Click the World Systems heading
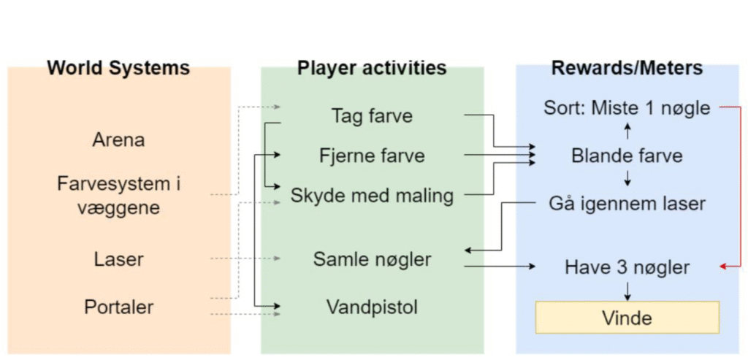click(118, 69)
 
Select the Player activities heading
click(372, 69)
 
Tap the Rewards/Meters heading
click(627, 69)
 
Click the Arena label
click(118, 139)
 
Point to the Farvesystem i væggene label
click(118, 195)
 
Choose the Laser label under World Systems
click(118, 258)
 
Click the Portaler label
click(118, 306)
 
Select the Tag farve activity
click(372, 115)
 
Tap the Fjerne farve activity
click(372, 156)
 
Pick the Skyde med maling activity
click(372, 196)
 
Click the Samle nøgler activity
click(372, 258)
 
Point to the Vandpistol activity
click(372, 307)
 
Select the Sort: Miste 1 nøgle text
click(627, 108)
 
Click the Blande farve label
click(627, 156)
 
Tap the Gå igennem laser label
click(627, 203)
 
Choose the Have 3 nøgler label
click(627, 267)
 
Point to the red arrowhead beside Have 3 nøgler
click(724, 267)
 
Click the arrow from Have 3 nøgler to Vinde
click(627, 291)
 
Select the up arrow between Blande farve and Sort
click(627, 131)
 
